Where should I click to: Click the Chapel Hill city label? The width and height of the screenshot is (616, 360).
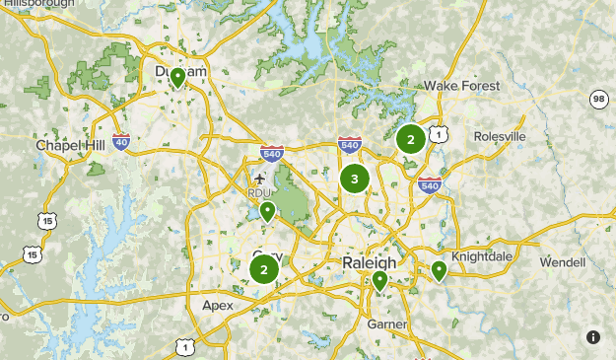69,145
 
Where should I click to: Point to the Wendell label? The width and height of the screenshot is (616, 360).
562,262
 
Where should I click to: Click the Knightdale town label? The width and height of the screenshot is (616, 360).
482,256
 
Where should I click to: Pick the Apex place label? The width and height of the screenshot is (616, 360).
218,305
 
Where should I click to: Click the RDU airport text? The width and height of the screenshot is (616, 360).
258,193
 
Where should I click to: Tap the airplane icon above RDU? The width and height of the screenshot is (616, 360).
259,180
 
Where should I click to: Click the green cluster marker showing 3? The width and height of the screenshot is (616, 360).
355,179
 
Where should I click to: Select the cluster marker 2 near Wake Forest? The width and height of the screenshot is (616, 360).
411,139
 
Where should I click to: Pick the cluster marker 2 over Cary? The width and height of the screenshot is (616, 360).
264,268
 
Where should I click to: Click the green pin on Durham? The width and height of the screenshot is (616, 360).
177,76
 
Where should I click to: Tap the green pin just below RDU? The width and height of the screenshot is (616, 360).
266,210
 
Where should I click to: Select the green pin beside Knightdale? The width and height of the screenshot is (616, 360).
439,268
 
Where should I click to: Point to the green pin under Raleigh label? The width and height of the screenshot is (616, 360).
379,281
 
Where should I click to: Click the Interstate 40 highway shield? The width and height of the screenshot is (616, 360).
120,142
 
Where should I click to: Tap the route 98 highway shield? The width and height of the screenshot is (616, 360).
598,100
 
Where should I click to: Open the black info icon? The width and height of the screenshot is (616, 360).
593,337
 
